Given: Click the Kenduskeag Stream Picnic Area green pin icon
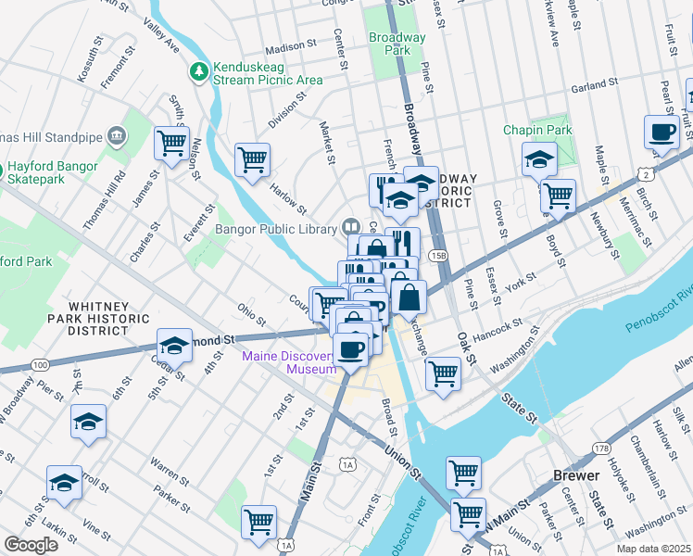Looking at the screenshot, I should (x=198, y=70).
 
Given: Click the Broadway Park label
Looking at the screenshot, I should (x=397, y=44).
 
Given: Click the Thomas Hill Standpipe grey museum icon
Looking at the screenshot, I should (x=117, y=136).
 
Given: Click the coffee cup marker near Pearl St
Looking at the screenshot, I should (x=662, y=133).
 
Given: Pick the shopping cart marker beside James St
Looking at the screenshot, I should (x=171, y=144).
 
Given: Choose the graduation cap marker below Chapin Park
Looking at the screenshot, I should (x=539, y=159).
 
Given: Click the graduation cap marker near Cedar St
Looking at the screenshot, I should (x=174, y=347).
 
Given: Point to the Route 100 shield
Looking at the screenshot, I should (x=39, y=365).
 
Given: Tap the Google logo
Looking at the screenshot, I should (x=31, y=544).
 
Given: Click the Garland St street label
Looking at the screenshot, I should (x=593, y=85).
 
